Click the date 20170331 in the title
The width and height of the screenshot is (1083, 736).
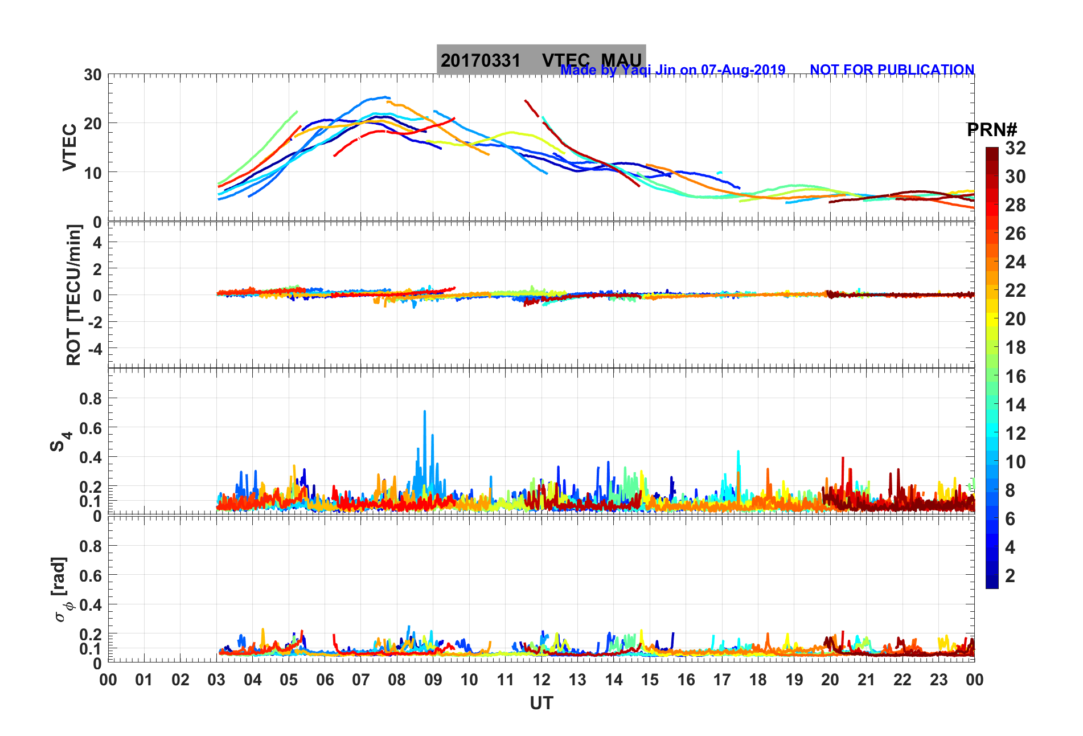click(x=481, y=60)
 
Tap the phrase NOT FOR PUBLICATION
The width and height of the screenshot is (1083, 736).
click(x=892, y=70)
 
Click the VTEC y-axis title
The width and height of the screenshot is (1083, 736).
click(x=69, y=147)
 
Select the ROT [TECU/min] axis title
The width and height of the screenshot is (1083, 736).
click(x=73, y=295)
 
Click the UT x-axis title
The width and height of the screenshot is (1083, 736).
click(x=541, y=704)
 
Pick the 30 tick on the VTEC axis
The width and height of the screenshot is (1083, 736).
click(x=93, y=75)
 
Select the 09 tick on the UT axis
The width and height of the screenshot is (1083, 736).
click(x=433, y=680)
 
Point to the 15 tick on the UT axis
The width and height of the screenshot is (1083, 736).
click(x=650, y=680)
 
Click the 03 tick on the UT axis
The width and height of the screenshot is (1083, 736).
click(x=216, y=680)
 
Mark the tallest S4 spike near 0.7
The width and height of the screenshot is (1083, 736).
click(x=424, y=412)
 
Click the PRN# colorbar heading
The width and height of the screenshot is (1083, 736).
click(x=992, y=130)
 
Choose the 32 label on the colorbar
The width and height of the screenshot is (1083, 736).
click(x=1015, y=148)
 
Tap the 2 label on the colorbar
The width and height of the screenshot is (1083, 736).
click(x=1010, y=575)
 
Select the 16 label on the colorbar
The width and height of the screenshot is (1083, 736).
click(x=1015, y=376)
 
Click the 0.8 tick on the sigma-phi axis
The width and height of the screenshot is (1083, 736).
click(x=91, y=546)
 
